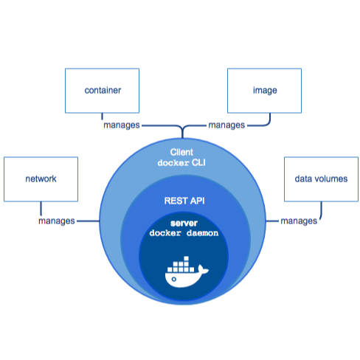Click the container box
click(x=102, y=91)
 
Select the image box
click(x=264, y=91)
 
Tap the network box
click(x=41, y=179)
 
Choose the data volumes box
click(x=321, y=179)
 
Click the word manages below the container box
click(x=122, y=125)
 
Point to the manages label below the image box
click(x=226, y=125)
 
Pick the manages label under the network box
click(x=57, y=221)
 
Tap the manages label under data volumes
click(x=299, y=221)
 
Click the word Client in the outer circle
click(x=181, y=152)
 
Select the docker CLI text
click(x=181, y=163)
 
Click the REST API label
click(x=184, y=201)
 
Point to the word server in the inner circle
click(x=184, y=224)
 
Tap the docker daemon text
click(x=184, y=233)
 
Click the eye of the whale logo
click(x=174, y=279)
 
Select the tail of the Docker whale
click(x=203, y=269)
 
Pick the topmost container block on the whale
click(x=187, y=259)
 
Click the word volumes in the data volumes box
click(x=331, y=179)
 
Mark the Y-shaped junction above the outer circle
click(x=182, y=128)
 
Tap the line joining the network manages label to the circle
click(x=88, y=221)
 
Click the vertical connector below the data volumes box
click(x=321, y=210)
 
